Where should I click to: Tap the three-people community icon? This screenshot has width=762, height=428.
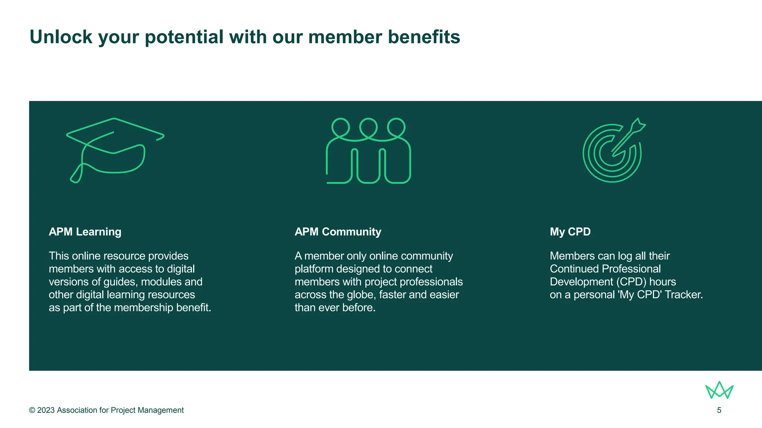point(368,150)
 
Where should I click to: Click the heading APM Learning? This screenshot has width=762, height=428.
point(85,232)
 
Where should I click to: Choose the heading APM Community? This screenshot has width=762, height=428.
point(338,232)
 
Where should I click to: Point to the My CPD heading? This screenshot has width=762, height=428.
point(570,232)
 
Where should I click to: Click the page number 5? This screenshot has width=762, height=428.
point(719,410)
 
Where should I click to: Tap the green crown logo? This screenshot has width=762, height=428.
point(719,390)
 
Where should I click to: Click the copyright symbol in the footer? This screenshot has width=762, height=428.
point(32,410)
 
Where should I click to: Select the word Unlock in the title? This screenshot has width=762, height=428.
point(61,37)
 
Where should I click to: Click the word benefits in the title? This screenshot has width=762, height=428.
point(424,37)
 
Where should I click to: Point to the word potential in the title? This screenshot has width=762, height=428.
point(184,37)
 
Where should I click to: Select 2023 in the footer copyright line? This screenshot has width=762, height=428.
point(46,410)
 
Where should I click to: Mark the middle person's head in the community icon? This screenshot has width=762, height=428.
point(368,127)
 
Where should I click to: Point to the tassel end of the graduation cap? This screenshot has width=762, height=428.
point(76,178)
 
